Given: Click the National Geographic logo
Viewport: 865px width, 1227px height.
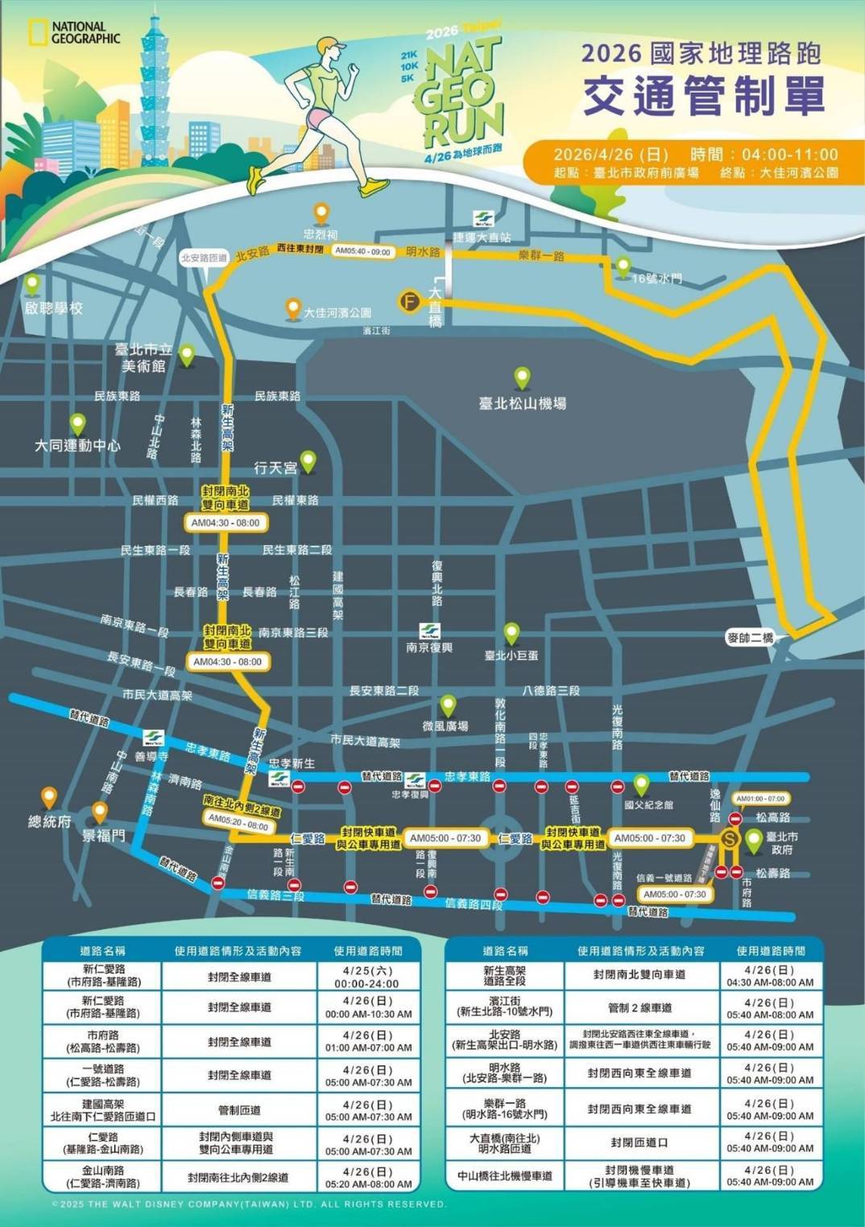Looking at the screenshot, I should click(74, 33).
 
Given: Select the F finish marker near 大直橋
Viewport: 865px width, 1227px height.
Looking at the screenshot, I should click(410, 301).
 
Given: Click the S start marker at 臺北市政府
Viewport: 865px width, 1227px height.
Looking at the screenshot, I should click(730, 838).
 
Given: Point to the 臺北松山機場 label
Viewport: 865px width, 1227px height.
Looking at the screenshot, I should click(522, 403).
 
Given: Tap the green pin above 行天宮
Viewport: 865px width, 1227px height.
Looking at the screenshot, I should click(308, 461).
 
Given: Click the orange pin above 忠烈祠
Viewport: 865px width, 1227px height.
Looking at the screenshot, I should click(321, 213).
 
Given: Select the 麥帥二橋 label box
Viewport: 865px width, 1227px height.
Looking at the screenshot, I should click(750, 638).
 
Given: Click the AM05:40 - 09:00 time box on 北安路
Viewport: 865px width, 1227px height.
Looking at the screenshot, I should click(362, 251).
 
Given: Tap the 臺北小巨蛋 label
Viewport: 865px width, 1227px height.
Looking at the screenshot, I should click(511, 655).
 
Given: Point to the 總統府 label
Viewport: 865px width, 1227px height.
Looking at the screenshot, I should click(50, 821).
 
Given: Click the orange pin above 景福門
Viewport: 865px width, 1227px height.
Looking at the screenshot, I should click(100, 811).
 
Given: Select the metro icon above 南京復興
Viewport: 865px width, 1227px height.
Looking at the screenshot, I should click(429, 630).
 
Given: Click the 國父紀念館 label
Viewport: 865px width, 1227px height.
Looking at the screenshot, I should click(648, 804).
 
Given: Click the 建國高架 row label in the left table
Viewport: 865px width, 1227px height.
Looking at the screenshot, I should click(103, 1110).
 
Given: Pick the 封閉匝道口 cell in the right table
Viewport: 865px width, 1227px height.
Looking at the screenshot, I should click(639, 1142).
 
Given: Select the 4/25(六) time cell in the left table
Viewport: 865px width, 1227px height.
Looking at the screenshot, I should click(368, 977).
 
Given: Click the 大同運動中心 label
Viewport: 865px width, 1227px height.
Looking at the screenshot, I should click(77, 445).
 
